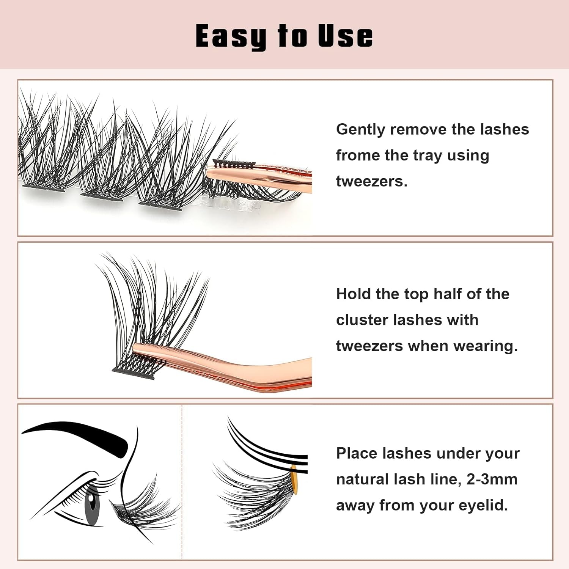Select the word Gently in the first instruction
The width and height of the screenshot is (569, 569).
pos(360,130)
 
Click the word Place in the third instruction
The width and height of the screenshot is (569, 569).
pos(356,453)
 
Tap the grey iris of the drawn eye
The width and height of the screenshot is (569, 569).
pos(91,501)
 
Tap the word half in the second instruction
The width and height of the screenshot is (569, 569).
pos(446,294)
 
